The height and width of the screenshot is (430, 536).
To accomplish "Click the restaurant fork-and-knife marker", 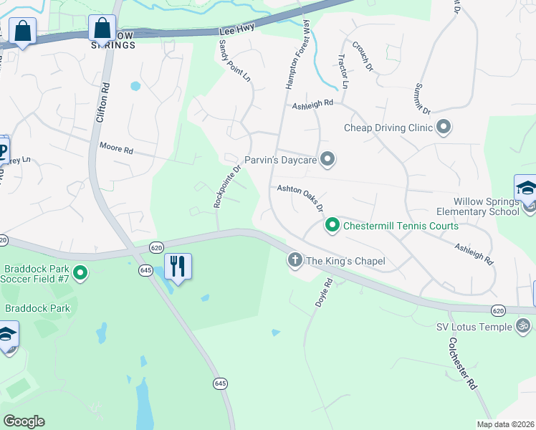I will tap(178, 267).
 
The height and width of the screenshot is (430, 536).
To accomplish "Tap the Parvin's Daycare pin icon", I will tap(327, 159).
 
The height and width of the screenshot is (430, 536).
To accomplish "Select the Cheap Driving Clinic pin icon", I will tap(444, 128).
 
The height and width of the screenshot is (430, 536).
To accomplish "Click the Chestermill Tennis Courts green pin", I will tap(332, 226).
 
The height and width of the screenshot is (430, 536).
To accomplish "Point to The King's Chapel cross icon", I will tap(295, 260).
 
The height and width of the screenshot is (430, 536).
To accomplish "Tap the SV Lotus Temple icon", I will tap(525, 327).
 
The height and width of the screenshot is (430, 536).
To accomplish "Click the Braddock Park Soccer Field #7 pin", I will tap(81, 272).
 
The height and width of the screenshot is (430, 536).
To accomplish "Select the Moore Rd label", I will tap(116, 150).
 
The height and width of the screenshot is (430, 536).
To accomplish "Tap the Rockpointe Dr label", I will tap(227, 186).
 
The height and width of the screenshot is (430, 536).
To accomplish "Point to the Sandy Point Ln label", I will tap(234, 59).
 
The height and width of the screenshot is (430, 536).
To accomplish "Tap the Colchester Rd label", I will tap(463, 365).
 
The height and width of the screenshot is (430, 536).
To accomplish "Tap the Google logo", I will tap(24, 421).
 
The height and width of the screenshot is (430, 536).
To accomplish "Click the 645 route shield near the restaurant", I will tap(146, 269).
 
